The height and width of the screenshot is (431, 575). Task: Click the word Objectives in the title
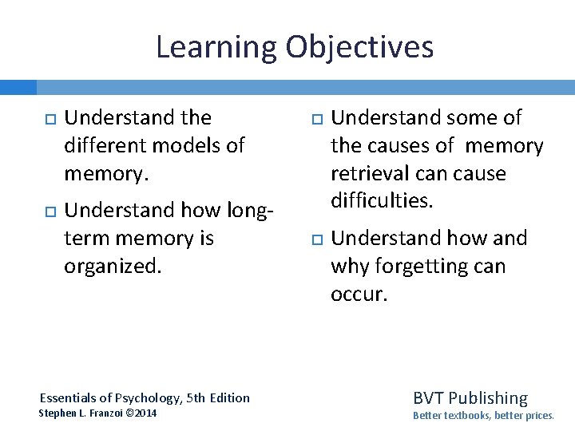(x=359, y=47)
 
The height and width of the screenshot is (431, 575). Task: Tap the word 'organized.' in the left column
(x=113, y=267)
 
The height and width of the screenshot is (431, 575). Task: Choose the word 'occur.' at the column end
(x=359, y=294)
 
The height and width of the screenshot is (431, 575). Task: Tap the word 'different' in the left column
(x=105, y=146)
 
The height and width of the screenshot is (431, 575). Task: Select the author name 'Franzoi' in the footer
(x=107, y=413)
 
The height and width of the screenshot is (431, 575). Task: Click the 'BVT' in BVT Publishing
(x=429, y=397)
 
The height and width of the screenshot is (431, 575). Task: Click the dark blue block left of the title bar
(x=18, y=86)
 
